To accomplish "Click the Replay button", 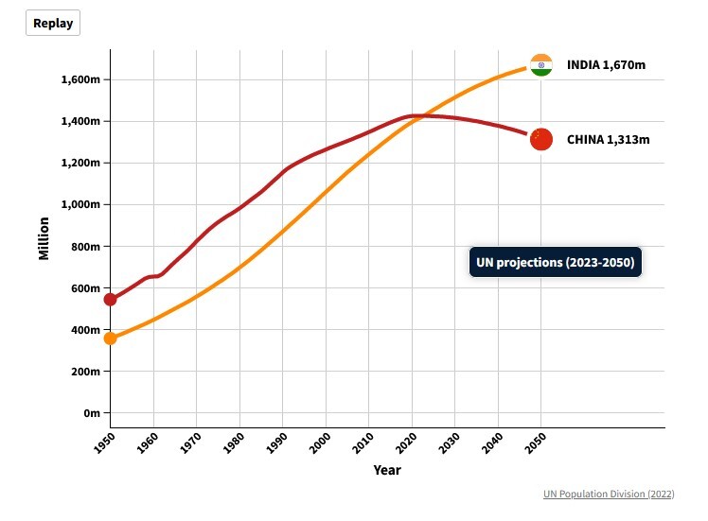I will [x=53, y=24].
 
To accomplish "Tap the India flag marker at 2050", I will [x=541, y=65].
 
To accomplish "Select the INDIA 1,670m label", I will [x=606, y=65].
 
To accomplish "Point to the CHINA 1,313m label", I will [x=609, y=139].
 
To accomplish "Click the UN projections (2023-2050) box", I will [x=556, y=262].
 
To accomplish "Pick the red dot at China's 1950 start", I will [x=110, y=300].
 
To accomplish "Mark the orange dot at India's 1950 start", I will [x=110, y=338].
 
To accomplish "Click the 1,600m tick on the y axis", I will [x=80, y=79].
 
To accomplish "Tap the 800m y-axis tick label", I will [x=85, y=246].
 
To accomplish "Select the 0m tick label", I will [x=91, y=413].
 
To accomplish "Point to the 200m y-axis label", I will [x=85, y=372].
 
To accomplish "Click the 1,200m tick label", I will [x=80, y=163].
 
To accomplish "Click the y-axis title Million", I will [x=44, y=238].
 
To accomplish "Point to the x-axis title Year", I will [x=386, y=470].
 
